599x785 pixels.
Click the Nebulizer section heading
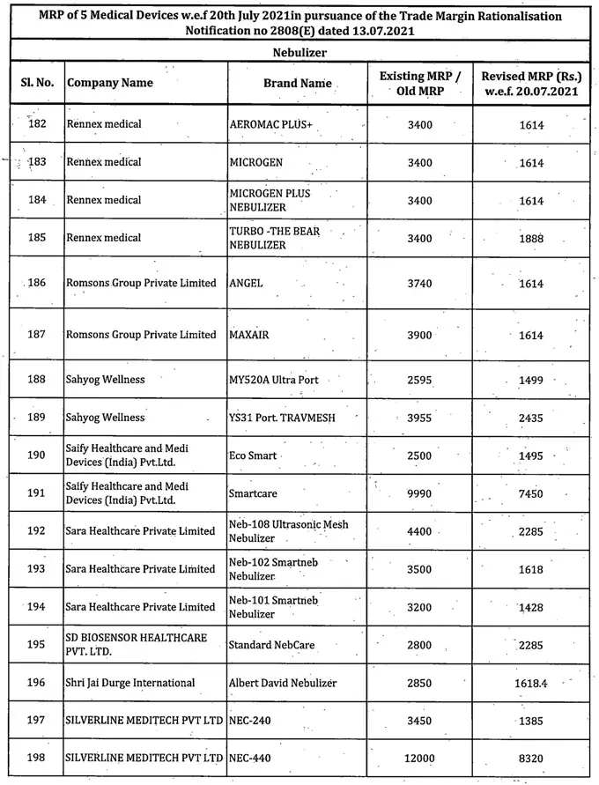[x=299, y=53]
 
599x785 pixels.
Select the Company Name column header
[x=109, y=83]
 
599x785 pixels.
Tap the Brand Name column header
[x=298, y=83]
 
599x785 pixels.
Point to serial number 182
[x=37, y=124]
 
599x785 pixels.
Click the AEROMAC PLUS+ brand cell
[x=270, y=124]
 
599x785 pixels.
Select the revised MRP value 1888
[x=531, y=239]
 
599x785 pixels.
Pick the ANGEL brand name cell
[x=246, y=283]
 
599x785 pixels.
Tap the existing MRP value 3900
[x=420, y=335]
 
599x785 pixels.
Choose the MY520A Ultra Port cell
[x=273, y=380]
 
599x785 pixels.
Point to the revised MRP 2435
[x=531, y=418]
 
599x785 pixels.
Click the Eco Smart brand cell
[x=253, y=456]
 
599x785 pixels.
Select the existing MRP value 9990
[x=420, y=494]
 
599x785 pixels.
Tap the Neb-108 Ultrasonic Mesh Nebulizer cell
[x=288, y=530]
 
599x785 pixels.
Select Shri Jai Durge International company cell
[x=129, y=683]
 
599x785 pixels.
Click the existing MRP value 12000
[x=420, y=758]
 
